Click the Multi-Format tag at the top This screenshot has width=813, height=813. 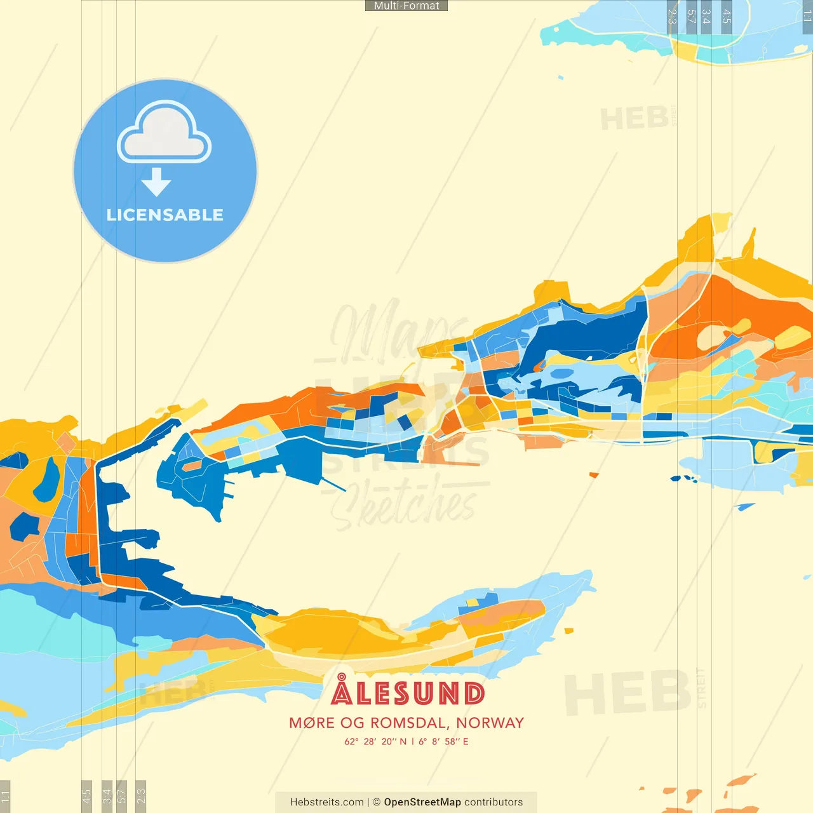pyautogui.click(x=406, y=6)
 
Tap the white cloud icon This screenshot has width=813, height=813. pyautogui.click(x=164, y=133)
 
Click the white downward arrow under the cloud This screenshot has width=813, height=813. pyautogui.click(x=156, y=182)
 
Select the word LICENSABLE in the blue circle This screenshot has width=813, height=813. pyautogui.click(x=165, y=215)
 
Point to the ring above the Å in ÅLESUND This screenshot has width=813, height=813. pyautogui.click(x=342, y=677)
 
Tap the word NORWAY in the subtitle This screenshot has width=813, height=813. pyautogui.click(x=490, y=723)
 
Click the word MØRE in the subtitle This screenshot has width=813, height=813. pyautogui.click(x=311, y=723)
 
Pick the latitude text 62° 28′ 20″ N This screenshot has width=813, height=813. pyautogui.click(x=375, y=741)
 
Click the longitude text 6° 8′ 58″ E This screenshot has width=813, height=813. pyautogui.click(x=443, y=741)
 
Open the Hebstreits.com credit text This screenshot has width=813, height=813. pyautogui.click(x=326, y=802)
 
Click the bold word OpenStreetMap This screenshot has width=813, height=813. pyautogui.click(x=422, y=802)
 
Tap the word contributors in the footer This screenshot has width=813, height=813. pyautogui.click(x=494, y=802)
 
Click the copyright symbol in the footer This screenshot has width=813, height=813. pyautogui.click(x=377, y=802)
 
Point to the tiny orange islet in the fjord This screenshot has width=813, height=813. pyautogui.click(x=593, y=474)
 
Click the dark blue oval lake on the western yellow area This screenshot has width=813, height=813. pyautogui.click(x=46, y=480)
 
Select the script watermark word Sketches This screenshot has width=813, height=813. pyautogui.click(x=406, y=505)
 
